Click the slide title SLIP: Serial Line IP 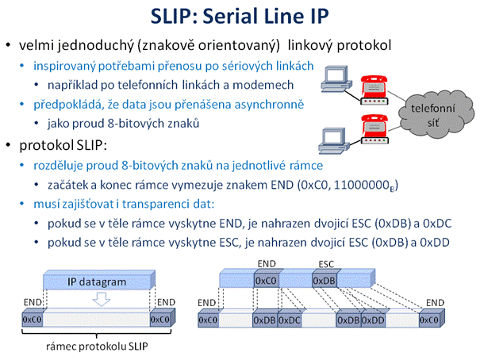coord(240,16)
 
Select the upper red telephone coord(374,86)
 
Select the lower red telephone coord(374,125)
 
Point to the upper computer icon coord(336,79)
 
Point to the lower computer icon coord(334,140)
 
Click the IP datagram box coord(99,280)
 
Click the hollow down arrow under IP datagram coord(102,299)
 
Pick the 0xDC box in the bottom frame coord(290,320)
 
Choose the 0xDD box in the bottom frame coord(373,320)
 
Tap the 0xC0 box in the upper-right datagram coord(267,279)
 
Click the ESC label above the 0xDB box coord(326,264)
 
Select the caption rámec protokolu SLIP coord(97,347)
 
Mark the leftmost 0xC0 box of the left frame coord(33,318)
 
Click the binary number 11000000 coord(361,185)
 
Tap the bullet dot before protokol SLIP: coord(8,145)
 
